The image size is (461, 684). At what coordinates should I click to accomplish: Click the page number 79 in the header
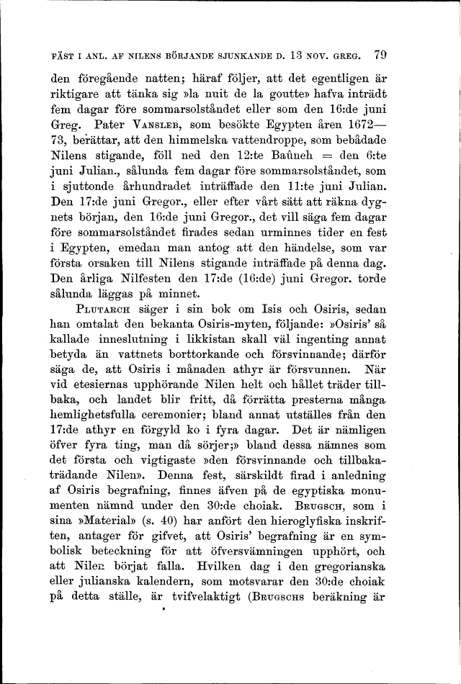click(381, 54)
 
